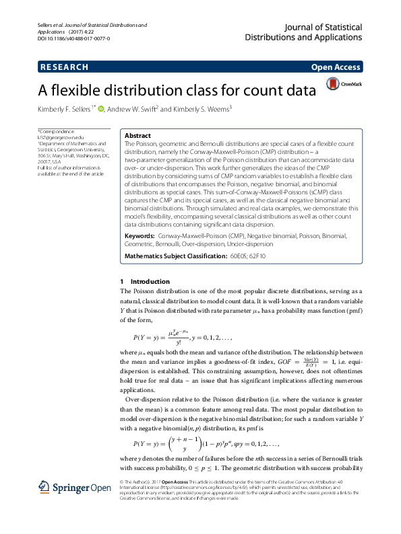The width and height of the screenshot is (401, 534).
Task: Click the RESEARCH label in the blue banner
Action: coord(64,67)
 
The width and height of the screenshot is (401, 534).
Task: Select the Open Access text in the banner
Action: coord(336,67)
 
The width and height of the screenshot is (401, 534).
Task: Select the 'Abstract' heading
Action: coord(137,135)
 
